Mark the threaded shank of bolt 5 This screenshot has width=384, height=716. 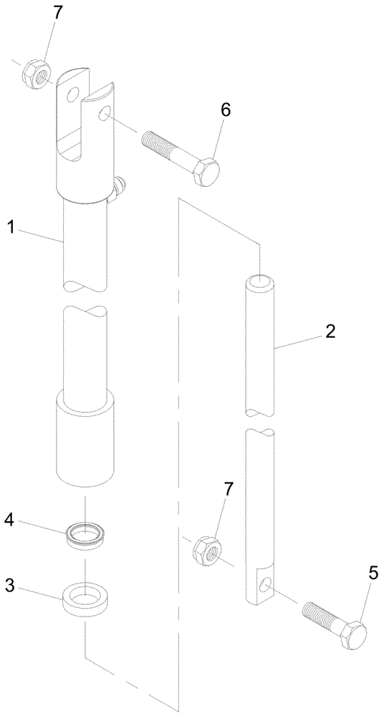click(x=320, y=616)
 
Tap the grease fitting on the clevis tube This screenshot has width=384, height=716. click(x=119, y=188)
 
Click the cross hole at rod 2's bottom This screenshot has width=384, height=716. click(x=265, y=586)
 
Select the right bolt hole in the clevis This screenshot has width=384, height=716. click(x=105, y=112)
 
